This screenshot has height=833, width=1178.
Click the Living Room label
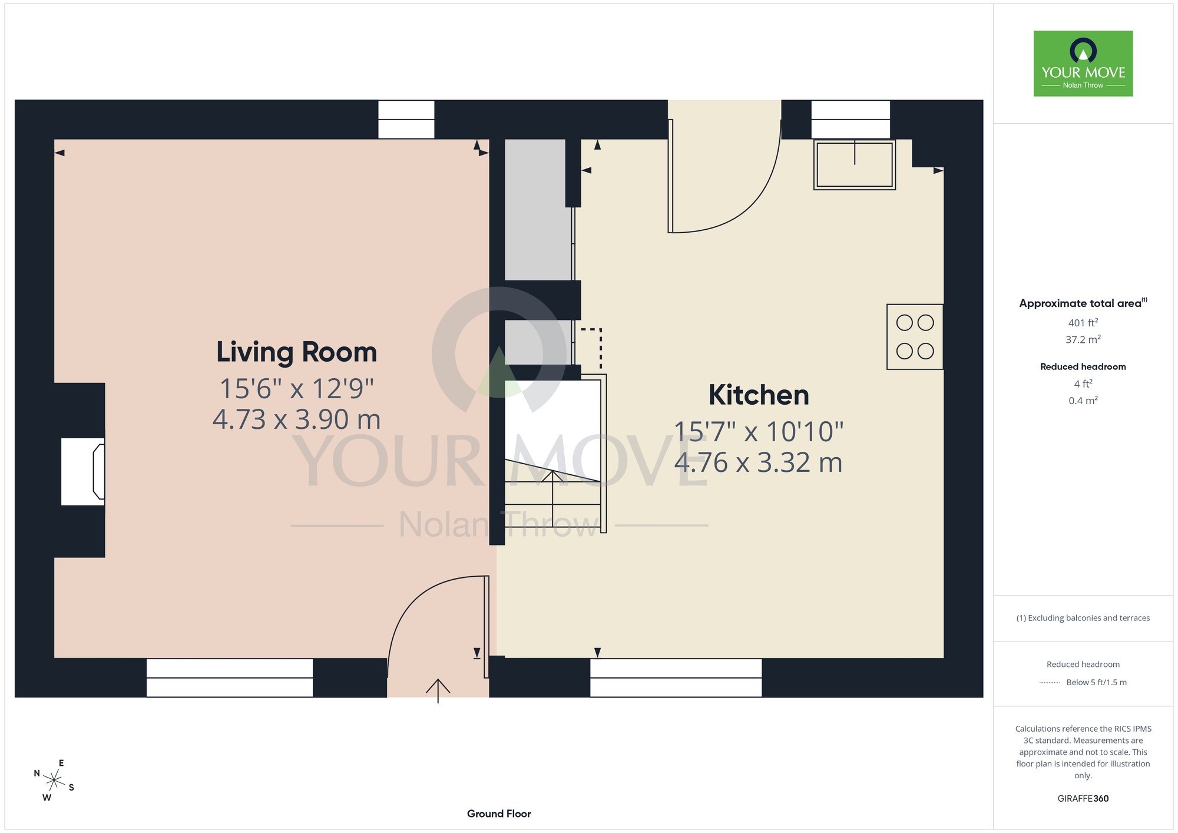296,352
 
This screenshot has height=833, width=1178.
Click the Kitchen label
759,395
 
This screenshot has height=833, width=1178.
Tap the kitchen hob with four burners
915,337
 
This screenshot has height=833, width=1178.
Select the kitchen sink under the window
855,164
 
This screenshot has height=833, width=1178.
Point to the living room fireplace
83,471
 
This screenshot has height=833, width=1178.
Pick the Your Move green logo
1083,64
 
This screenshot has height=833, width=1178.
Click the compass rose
54,781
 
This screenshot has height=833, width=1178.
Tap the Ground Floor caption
499,814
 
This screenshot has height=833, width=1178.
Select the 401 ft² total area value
1083,323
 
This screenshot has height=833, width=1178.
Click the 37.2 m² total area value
1083,339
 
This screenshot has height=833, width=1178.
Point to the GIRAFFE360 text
1083,799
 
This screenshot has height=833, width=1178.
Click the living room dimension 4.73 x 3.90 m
296,419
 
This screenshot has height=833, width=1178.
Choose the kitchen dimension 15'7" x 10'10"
759,432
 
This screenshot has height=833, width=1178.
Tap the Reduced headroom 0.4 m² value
1083,401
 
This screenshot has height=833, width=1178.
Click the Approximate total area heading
1083,303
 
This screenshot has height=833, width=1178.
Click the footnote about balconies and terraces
1083,618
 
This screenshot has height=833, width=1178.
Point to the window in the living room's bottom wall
230,678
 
